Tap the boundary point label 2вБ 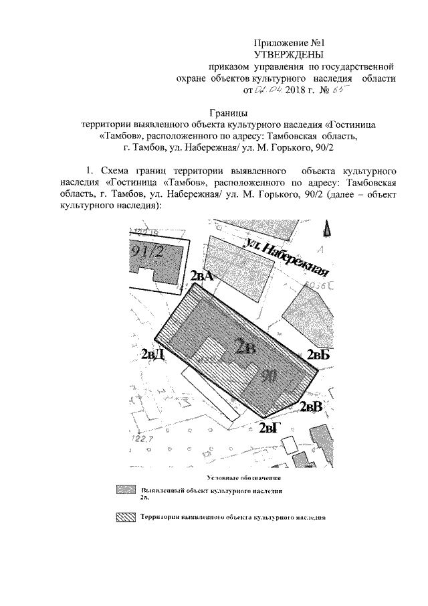[318, 356]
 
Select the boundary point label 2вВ [311, 406]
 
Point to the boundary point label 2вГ [272, 427]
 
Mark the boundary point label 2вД [154, 354]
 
